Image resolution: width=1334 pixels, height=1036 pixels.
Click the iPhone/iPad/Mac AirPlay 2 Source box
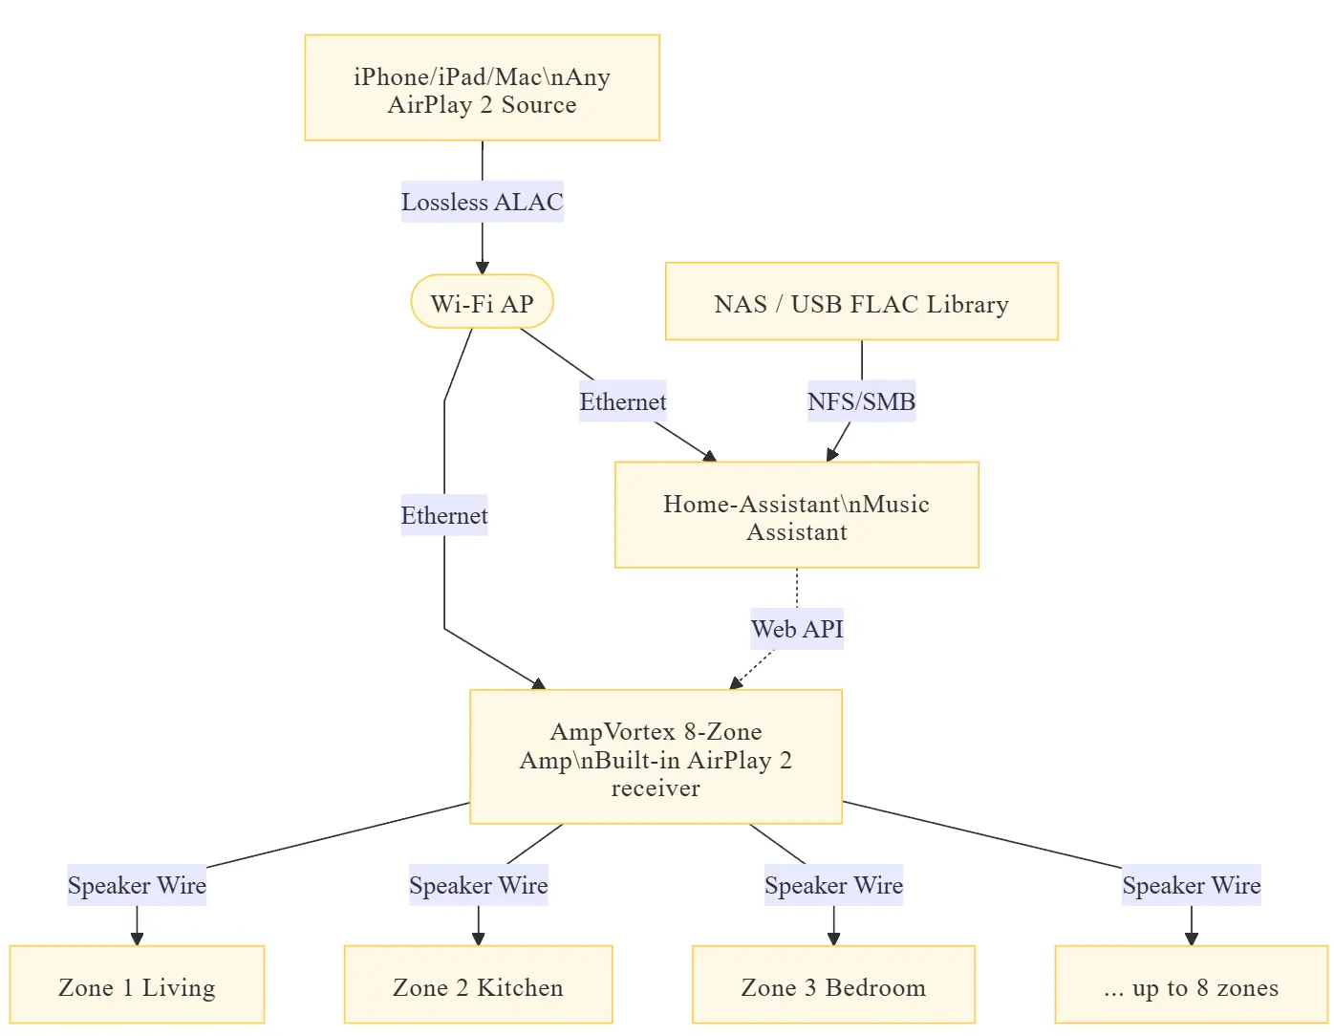click(482, 88)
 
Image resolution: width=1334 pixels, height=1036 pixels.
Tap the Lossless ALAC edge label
click(482, 202)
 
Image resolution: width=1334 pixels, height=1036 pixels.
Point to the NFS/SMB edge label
click(861, 401)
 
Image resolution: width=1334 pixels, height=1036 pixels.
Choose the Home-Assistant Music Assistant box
click(796, 515)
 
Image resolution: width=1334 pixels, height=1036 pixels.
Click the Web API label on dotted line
click(796, 629)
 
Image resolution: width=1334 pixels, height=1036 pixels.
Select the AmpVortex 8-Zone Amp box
click(656, 757)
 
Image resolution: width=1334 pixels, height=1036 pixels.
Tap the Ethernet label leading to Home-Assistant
click(622, 401)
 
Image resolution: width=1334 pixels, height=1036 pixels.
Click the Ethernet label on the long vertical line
click(444, 515)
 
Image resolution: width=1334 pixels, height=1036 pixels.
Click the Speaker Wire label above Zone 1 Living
click(137, 885)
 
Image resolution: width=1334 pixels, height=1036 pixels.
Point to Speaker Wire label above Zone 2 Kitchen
click(478, 885)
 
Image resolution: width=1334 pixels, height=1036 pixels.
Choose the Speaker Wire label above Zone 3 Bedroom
click(833, 885)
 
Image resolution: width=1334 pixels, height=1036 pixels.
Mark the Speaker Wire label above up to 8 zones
click(1191, 885)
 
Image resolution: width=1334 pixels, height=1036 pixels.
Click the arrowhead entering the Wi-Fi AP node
click(482, 268)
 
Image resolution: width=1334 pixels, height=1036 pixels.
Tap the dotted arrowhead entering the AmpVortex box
click(736, 682)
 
